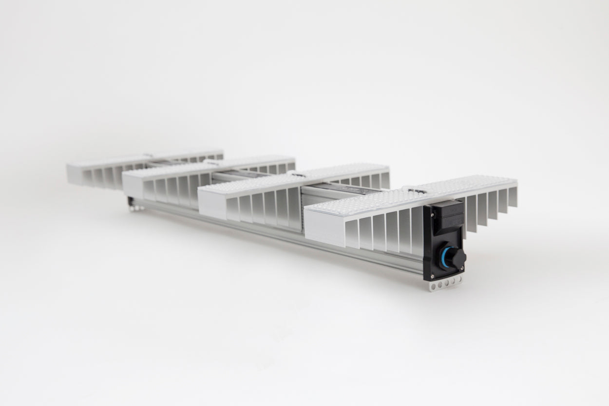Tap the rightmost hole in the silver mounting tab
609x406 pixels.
458,280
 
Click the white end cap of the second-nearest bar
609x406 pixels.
212,204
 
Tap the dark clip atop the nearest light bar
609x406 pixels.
414,190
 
